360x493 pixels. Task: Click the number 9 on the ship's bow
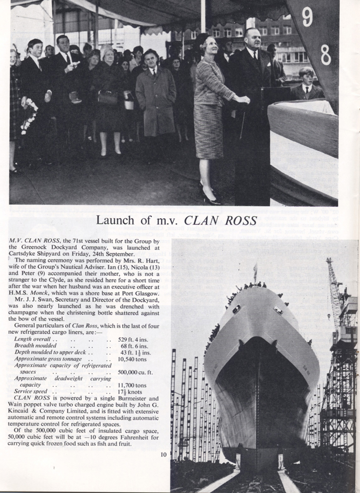(307, 17)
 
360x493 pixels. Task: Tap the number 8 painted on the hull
(326, 55)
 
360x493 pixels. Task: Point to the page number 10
(164, 455)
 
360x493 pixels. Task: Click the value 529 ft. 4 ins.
(136, 340)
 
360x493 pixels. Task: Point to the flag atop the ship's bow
(255, 272)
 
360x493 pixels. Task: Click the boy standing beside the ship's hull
(307, 84)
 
